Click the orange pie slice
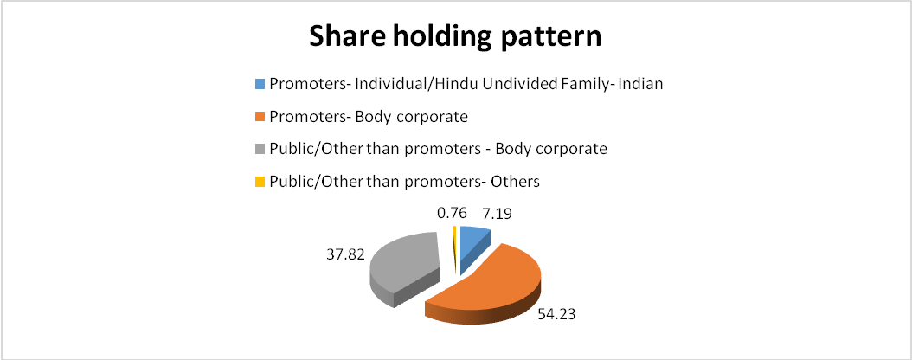point(489,285)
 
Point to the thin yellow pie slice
point(453,247)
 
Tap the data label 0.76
point(451,213)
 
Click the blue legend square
point(260,84)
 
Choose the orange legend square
point(260,116)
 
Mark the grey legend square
point(260,149)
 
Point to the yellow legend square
point(260,182)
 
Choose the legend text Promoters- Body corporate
point(369,117)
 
